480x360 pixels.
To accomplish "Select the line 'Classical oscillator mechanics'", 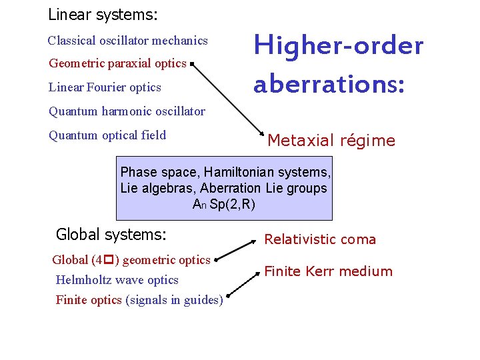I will coord(127,41).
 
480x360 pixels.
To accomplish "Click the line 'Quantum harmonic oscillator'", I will coord(127,111).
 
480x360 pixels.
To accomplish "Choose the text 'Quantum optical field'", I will coord(107,135).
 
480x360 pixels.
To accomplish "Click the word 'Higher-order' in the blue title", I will coord(339,46).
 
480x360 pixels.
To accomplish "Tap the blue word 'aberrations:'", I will coord(329,85).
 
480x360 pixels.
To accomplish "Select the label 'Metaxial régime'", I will coord(331,141).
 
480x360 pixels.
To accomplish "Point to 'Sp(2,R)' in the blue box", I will coord(232,205).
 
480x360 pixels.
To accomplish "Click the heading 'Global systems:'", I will coord(111,234).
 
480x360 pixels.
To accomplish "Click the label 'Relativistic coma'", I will coord(320,239).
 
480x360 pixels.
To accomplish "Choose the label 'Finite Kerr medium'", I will coord(329,271).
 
